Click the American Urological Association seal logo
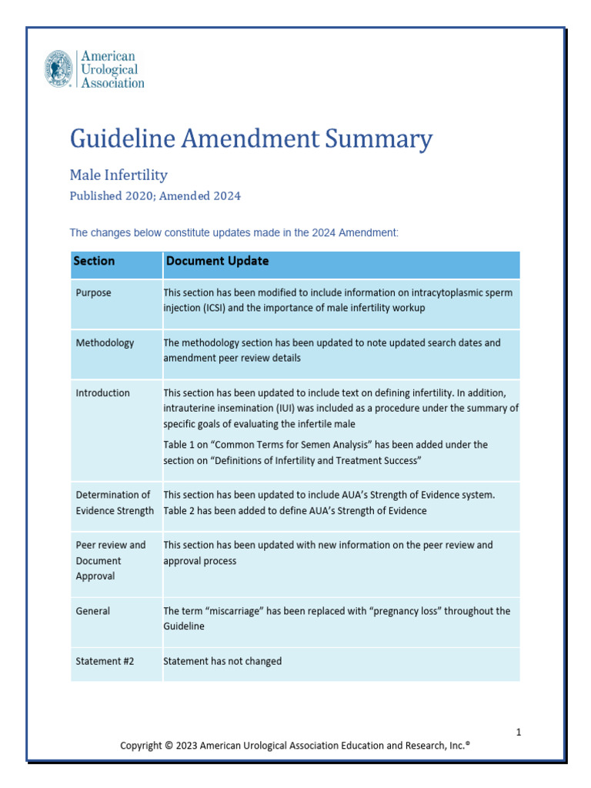pos(59,68)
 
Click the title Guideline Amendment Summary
pos(251,139)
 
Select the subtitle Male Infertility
pos(119,175)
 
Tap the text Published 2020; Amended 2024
pos(155,196)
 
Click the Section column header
pos(94,262)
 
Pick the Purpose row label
pos(93,293)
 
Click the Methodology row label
pos(105,343)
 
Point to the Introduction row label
pos(102,393)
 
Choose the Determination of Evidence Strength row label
pos(114,503)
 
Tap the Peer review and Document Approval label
pos(110,560)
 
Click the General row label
pos(92,611)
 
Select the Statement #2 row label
pos(106,661)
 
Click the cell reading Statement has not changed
pos(222,661)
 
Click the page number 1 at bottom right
pos(519,732)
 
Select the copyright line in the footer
pos(295,746)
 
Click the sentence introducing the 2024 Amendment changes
pos(234,232)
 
